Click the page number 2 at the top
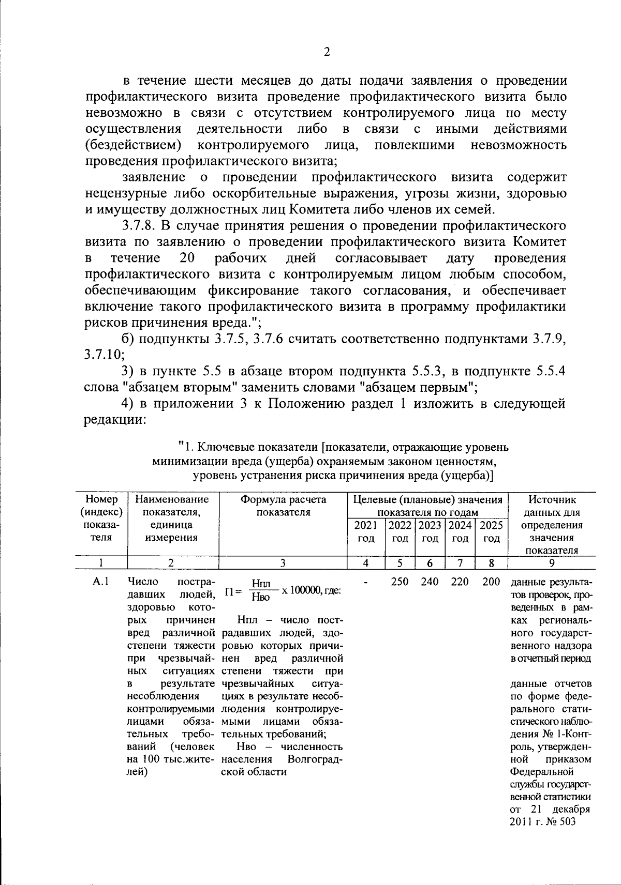pyautogui.click(x=326, y=52)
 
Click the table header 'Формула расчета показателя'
pyautogui.click(x=283, y=506)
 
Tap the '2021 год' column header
pyautogui.click(x=365, y=531)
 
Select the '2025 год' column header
pyautogui.click(x=491, y=531)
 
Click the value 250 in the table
pyautogui.click(x=400, y=582)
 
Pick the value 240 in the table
pyautogui.click(x=430, y=582)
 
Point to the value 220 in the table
pyautogui.click(x=460, y=582)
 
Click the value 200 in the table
pyautogui.click(x=491, y=582)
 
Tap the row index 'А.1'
pyautogui.click(x=100, y=582)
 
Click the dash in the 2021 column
pyautogui.click(x=366, y=582)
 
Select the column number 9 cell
pyautogui.click(x=552, y=563)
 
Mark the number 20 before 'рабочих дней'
pyautogui.click(x=187, y=258)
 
